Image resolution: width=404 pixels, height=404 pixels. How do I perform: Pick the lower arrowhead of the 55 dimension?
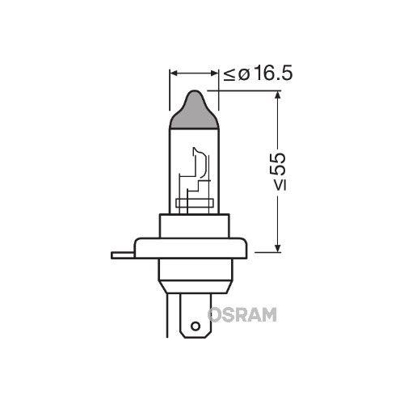coord(277,247)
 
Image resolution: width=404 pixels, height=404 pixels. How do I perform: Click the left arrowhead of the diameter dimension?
coord(173,74)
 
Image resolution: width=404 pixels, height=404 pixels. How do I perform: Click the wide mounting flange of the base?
coord(194,250)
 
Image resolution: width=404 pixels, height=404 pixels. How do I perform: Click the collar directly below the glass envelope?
coord(194,225)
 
